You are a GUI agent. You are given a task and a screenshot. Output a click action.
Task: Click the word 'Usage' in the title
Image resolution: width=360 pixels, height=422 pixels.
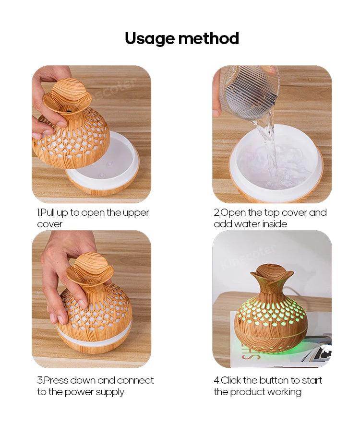point(149,39)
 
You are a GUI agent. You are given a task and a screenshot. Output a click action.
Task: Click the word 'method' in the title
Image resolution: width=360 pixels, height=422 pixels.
point(209,38)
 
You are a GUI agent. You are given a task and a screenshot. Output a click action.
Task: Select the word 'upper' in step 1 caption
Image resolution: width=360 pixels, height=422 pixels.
point(136,213)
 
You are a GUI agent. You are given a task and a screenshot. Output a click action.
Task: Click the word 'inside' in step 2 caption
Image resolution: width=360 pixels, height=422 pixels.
point(275,224)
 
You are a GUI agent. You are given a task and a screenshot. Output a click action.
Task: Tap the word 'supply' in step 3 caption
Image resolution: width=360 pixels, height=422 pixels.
point(109,392)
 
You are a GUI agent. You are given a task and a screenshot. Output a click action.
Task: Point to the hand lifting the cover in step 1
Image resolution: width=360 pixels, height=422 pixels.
point(48,102)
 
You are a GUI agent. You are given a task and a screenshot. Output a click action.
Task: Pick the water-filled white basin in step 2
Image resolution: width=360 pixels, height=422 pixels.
point(276,161)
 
